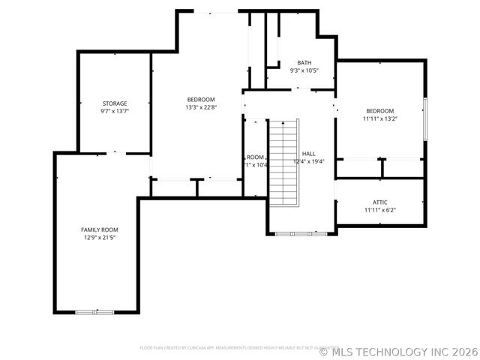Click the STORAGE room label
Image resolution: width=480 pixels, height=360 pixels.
tap(115, 103)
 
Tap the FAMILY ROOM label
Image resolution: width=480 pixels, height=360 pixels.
tap(100, 229)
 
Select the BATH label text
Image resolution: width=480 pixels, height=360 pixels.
tap(304, 63)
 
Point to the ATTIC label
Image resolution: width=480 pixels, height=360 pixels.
tap(379, 202)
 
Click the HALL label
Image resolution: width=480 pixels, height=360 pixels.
tap(308, 153)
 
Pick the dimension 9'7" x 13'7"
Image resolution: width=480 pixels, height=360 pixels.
tap(115, 111)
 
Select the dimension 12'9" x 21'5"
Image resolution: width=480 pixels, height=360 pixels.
tap(100, 237)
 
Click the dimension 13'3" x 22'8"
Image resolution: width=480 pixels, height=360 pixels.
tap(201, 107)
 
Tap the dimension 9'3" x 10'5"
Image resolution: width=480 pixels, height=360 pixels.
tap(304, 70)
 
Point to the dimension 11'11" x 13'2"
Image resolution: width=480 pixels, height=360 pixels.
tap(379, 118)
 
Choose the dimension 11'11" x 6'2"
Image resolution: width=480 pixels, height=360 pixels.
tap(379, 210)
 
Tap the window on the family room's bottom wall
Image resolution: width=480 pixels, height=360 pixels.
tap(95, 310)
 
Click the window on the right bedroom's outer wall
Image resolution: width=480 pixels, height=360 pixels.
tap(424, 118)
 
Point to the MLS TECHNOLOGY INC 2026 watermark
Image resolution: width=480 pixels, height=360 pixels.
tap(398, 351)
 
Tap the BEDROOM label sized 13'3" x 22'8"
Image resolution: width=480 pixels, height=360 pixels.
tap(201, 100)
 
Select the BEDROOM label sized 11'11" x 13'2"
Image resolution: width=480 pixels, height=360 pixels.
tap(379, 110)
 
